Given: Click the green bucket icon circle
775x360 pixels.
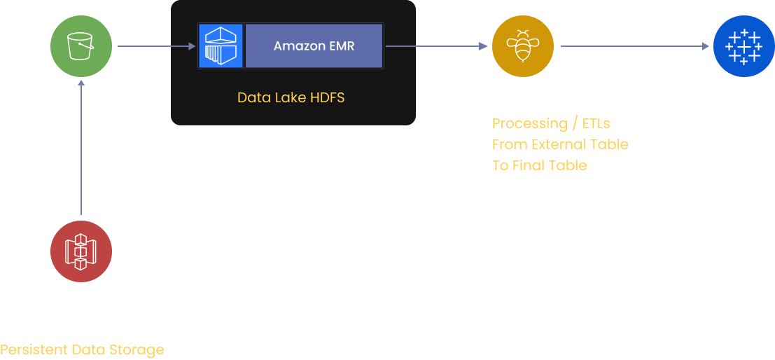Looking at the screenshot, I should [81, 46].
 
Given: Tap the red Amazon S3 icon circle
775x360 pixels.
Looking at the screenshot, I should [81, 251].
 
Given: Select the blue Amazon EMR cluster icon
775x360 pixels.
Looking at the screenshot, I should [221, 46].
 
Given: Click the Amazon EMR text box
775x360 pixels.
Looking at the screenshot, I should [314, 46].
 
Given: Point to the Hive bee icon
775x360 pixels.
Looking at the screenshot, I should [522, 46].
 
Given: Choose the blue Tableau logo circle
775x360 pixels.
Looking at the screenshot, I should [743, 46].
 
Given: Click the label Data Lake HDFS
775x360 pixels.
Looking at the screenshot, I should [291, 97].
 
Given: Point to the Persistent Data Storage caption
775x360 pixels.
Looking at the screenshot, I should [82, 349].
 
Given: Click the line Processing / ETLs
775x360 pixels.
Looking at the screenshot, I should [551, 124].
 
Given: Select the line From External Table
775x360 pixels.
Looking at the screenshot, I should [560, 145].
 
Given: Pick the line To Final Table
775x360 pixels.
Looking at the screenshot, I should [539, 166].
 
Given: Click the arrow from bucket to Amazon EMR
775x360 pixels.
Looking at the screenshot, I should [155, 46].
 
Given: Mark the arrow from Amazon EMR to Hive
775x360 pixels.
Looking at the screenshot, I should [435, 46].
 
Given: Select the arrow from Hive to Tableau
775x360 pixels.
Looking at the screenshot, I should [634, 46].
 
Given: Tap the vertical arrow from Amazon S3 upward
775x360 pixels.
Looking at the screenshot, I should [81, 147].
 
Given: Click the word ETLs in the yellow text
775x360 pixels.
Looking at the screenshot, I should [596, 124].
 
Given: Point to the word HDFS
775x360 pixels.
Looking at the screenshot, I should [326, 97].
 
